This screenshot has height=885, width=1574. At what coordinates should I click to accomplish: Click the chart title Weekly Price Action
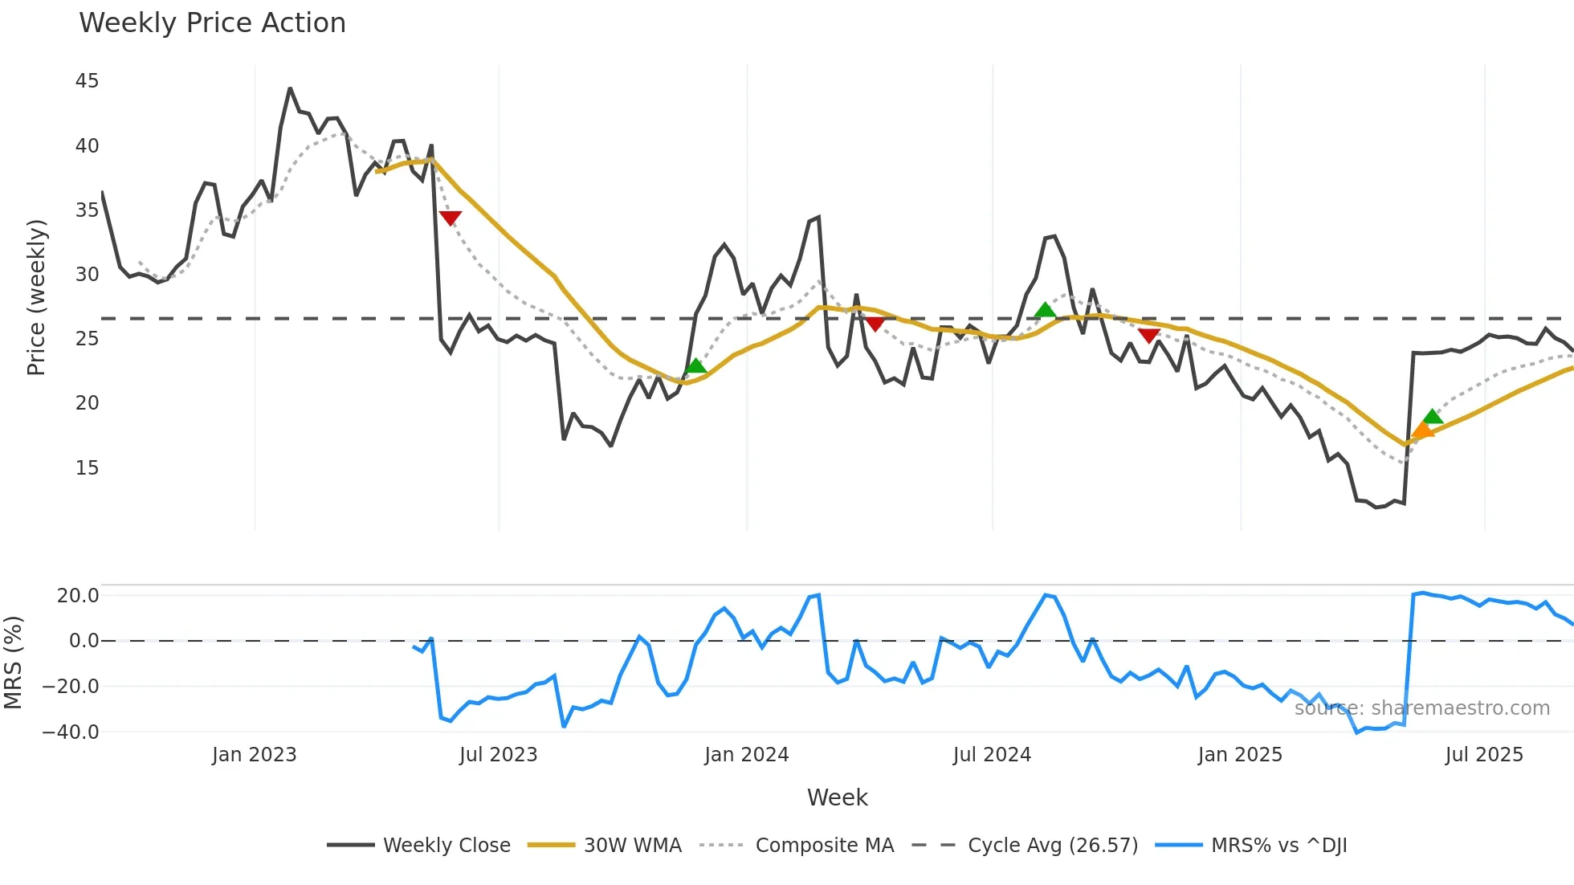[x=212, y=23]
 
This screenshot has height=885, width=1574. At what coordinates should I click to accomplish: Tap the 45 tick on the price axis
[x=87, y=81]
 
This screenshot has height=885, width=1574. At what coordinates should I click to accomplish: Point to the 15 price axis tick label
[x=87, y=467]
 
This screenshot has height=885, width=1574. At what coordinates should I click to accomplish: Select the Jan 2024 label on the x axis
[x=746, y=755]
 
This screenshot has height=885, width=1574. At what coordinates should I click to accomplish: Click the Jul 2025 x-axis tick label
[x=1483, y=755]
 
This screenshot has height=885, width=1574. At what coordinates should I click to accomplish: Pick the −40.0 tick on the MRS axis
[x=71, y=732]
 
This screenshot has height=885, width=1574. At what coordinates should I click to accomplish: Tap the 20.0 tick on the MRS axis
[x=78, y=595]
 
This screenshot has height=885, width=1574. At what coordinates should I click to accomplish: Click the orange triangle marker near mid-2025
[x=1422, y=430]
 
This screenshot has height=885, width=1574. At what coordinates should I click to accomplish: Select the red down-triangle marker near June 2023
[x=451, y=218]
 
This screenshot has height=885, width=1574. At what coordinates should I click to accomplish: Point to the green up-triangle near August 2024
[x=1045, y=310]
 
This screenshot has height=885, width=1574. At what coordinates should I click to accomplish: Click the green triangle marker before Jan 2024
[x=695, y=366]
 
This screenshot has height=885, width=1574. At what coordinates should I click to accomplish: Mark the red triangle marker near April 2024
[x=875, y=324]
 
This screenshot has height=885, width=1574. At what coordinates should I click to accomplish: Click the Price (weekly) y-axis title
[x=37, y=297]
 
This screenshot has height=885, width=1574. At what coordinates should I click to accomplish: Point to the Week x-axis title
[x=837, y=797]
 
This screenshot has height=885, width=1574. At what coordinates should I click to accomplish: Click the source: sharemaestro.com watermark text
[x=1421, y=708]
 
